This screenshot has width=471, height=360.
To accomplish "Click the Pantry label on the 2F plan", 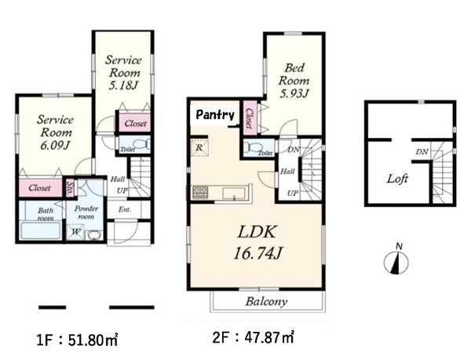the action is pyautogui.click(x=215, y=115).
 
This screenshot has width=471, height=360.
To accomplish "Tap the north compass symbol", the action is pyautogui.click(x=396, y=262).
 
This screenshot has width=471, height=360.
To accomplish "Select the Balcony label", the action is pyautogui.click(x=266, y=301).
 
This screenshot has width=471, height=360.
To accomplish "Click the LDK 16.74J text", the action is pyautogui.click(x=257, y=242).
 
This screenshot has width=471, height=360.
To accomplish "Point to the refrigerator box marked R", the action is pyautogui.click(x=199, y=147).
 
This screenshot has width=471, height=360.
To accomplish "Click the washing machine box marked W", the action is pyautogui.click(x=75, y=232).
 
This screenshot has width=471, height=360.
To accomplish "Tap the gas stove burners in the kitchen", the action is pyautogui.click(x=200, y=192).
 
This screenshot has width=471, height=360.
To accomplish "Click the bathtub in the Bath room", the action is pyautogui.click(x=41, y=231).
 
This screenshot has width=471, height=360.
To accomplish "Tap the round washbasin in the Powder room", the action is pyautogui.click(x=94, y=235).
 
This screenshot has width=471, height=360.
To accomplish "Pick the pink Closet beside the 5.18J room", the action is pyautogui.click(x=134, y=123).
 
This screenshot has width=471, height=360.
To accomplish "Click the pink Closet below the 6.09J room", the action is pyautogui.click(x=41, y=188).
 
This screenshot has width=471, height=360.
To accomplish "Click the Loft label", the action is pyautogui.click(x=397, y=179).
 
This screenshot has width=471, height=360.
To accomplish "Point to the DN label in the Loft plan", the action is pyautogui.click(x=422, y=152).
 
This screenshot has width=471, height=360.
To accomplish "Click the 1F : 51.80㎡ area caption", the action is pyautogui.click(x=77, y=340).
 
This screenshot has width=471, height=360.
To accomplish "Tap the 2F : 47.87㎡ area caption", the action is pyautogui.click(x=254, y=338).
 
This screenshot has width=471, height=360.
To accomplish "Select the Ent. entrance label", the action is pyautogui.click(x=124, y=209).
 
